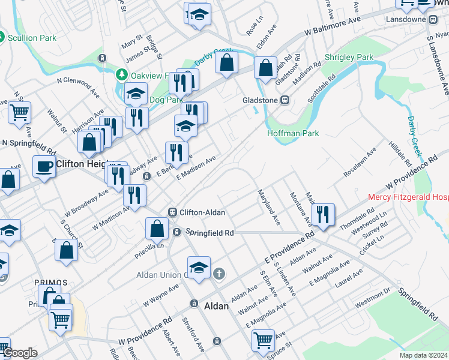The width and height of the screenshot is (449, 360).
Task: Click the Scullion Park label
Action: [32, 37]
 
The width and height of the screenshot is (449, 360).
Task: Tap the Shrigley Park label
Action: [349, 58]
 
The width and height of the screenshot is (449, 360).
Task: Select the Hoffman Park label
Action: [293, 133]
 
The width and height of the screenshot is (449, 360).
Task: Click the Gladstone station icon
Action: [286, 100]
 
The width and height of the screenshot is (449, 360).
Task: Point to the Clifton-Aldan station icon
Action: [172, 212]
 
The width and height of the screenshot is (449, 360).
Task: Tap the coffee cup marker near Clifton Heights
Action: [44, 167]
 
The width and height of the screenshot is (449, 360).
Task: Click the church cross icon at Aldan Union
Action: [219, 274]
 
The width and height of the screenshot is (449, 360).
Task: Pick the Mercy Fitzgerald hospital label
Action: [408, 197]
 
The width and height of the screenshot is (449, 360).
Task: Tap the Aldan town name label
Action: [217, 306]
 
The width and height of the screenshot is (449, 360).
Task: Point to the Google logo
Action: [20, 353]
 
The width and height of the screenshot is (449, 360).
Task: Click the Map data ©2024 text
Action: [423, 355]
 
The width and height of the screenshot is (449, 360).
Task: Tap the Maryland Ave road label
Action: [269, 208]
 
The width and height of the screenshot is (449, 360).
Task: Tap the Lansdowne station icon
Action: [433, 19]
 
